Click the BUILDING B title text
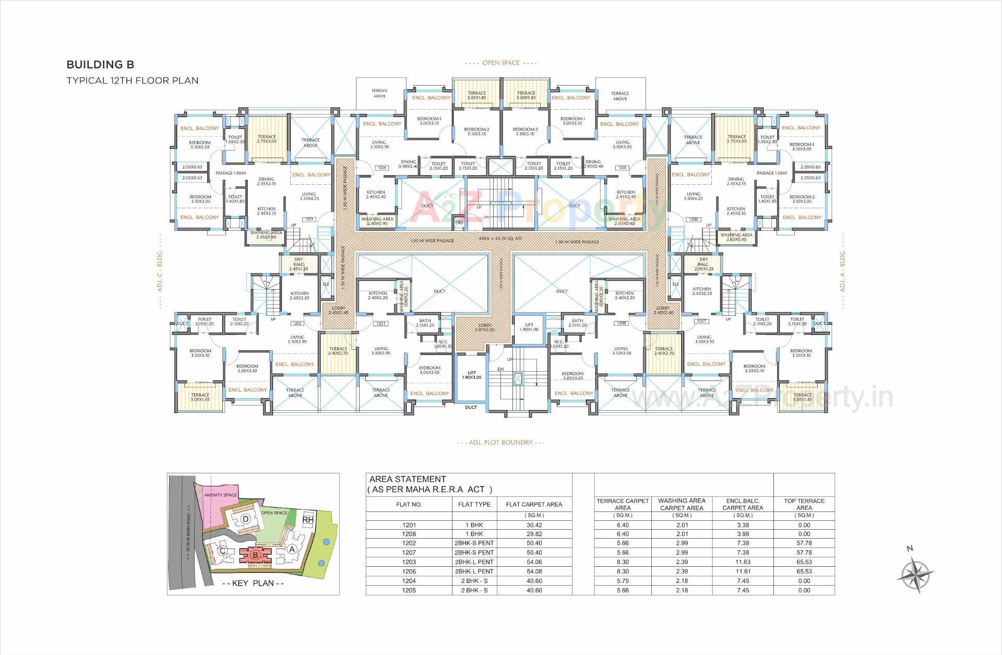click(x=100, y=65)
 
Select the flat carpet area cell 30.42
click(x=534, y=525)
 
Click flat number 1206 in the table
click(x=409, y=571)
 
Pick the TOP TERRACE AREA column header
click(x=804, y=504)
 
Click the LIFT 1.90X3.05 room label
click(x=471, y=375)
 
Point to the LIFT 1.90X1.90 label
click(x=529, y=327)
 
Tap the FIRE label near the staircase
click(x=459, y=222)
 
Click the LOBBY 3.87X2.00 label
click(x=485, y=327)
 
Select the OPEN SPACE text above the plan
click(x=500, y=63)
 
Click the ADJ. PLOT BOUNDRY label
click(x=500, y=442)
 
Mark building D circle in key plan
click(x=246, y=519)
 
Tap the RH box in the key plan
click(x=308, y=520)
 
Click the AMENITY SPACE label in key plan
click(x=220, y=495)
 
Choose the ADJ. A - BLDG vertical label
click(x=842, y=271)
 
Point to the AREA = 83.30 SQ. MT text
click(x=500, y=239)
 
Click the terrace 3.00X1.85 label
click(x=526, y=96)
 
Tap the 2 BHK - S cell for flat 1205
click(x=474, y=590)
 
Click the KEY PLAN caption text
click(x=253, y=583)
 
